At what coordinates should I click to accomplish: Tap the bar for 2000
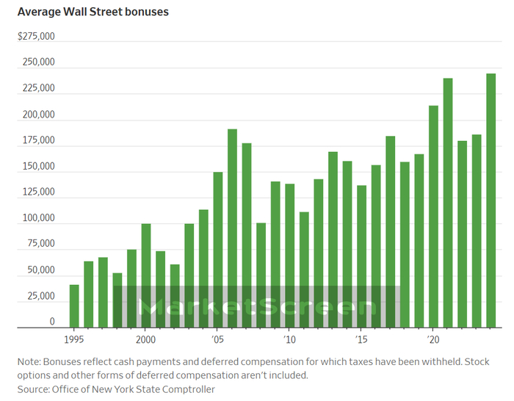click(x=146, y=275)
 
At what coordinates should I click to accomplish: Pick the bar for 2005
click(x=218, y=250)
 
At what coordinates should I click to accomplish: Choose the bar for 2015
click(x=361, y=256)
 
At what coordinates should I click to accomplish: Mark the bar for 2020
click(x=433, y=217)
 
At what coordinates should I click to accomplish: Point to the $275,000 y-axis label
click(x=36, y=36)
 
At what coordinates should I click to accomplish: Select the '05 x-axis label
click(x=218, y=340)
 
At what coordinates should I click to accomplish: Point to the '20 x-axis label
click(x=433, y=340)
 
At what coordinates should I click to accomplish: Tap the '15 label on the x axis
click(x=361, y=340)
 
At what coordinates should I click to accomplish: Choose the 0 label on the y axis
click(x=51, y=322)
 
